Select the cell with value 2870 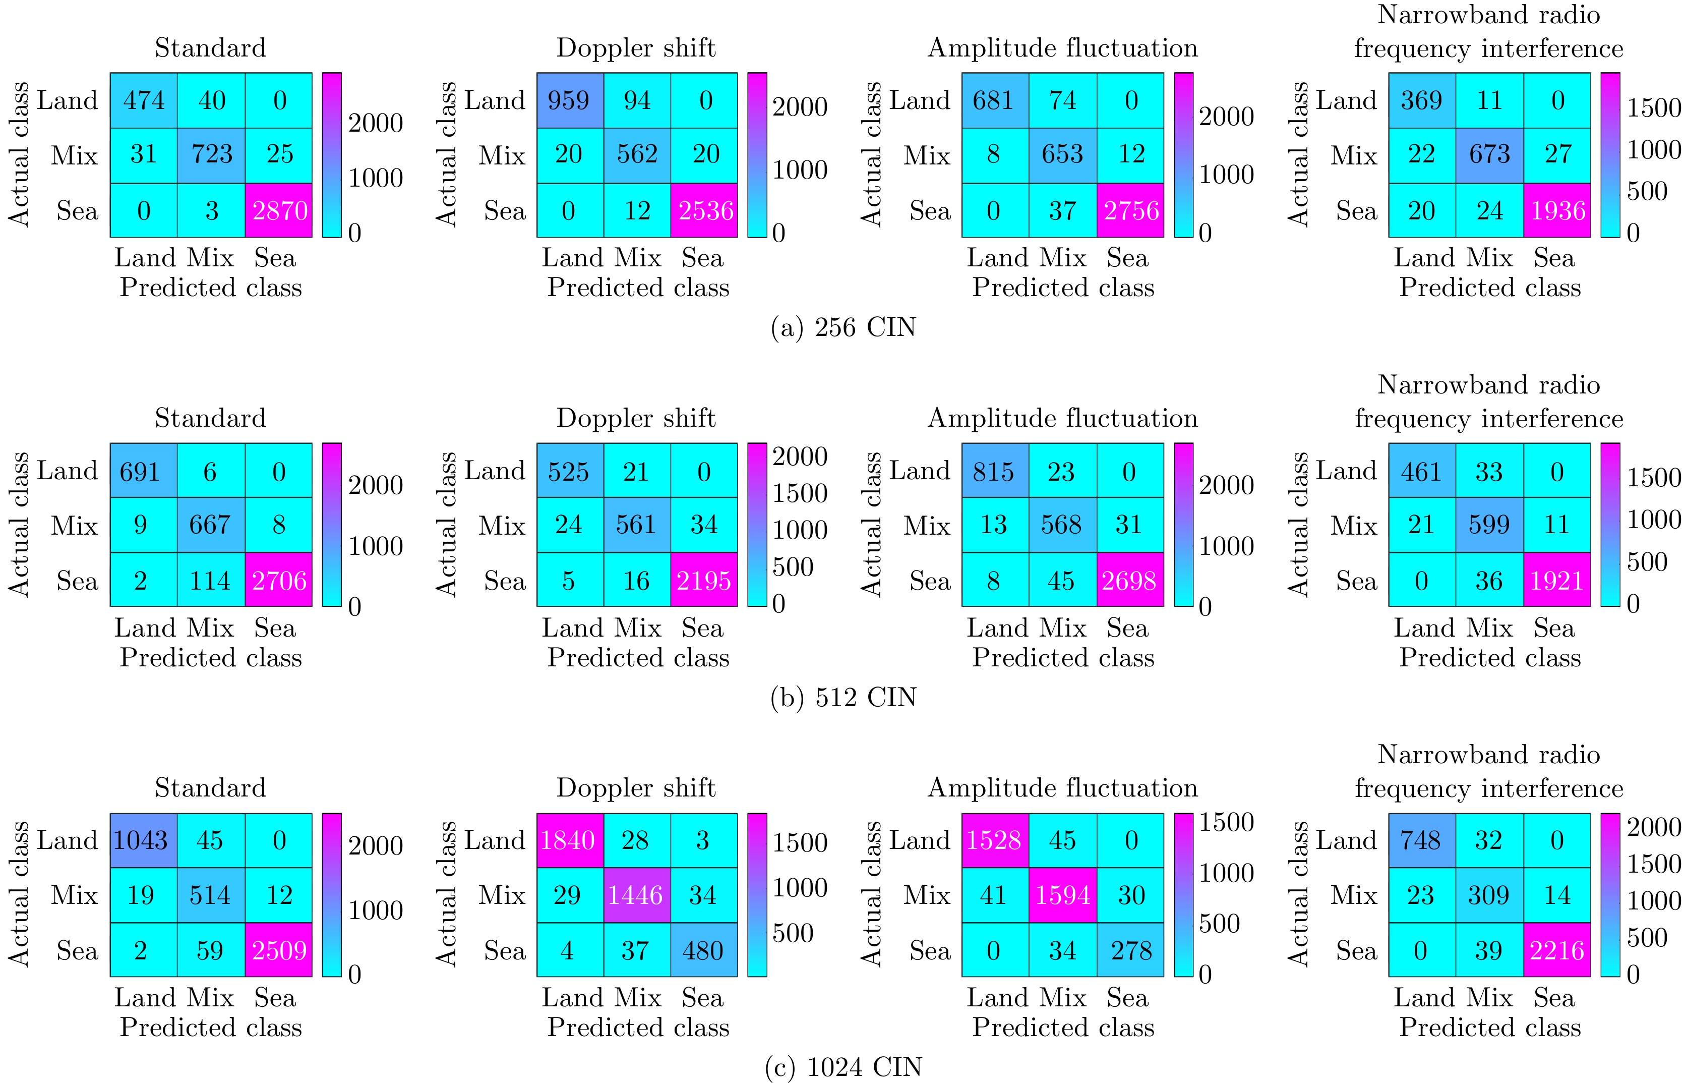tap(279, 210)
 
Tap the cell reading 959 tap(569, 100)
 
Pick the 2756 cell tap(1130, 210)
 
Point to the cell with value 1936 tap(1557, 210)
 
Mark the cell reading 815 tap(994, 471)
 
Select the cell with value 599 tap(1489, 525)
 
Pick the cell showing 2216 tap(1557, 950)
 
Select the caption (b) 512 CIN tap(843, 698)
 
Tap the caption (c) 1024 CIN tap(843, 1067)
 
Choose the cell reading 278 tap(1130, 950)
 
